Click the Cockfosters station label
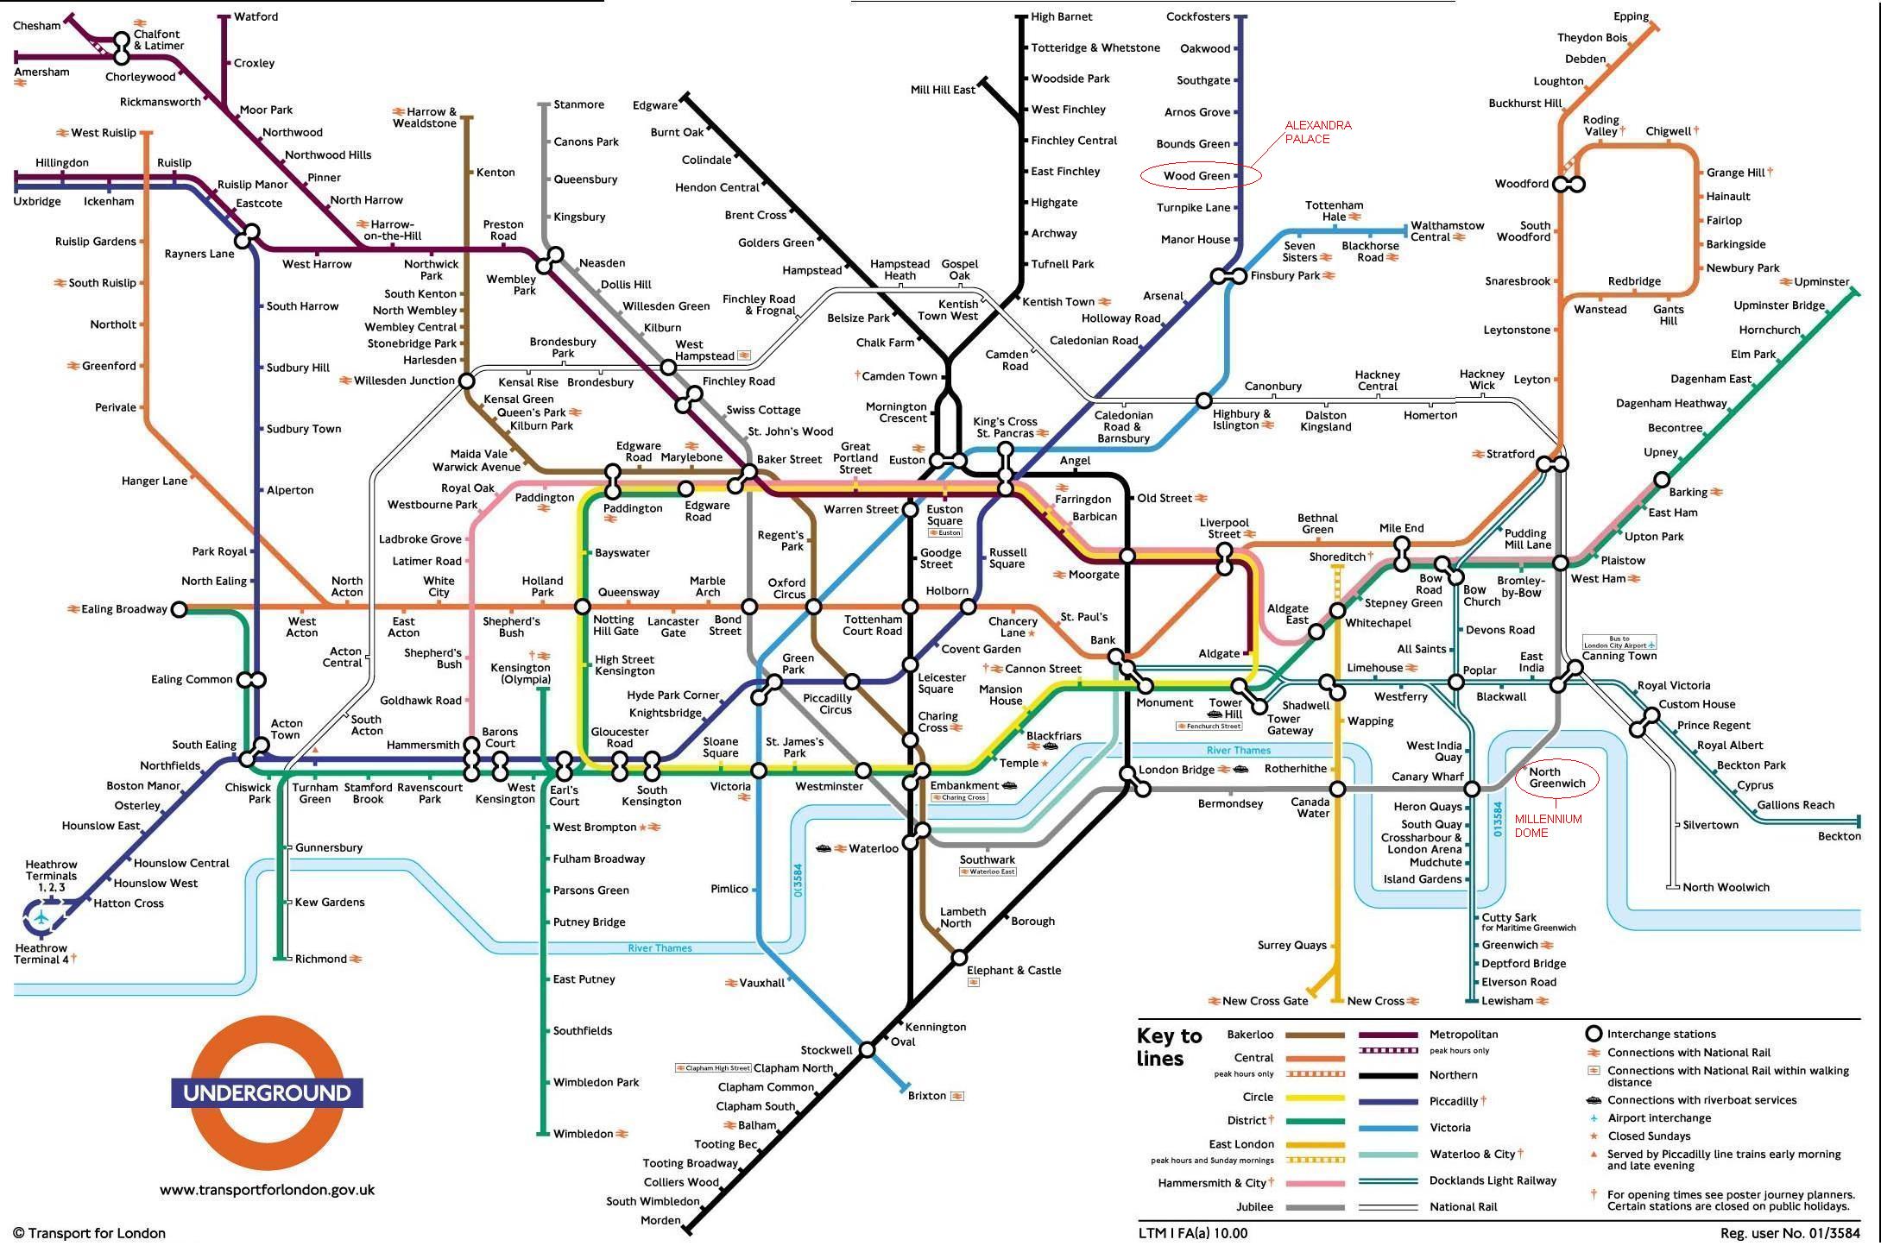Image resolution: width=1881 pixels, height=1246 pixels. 1197,16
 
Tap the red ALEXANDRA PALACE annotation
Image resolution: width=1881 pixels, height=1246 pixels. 1317,132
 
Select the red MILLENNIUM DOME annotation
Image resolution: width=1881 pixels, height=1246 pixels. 1548,826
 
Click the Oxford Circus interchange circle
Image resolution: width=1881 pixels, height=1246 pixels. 813,607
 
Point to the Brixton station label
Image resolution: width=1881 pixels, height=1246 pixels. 926,1096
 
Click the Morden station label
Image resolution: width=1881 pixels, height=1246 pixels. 660,1220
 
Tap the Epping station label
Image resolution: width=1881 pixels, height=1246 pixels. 1631,16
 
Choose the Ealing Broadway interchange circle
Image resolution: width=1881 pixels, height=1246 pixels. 179,609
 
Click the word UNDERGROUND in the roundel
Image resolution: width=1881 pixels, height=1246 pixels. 267,1093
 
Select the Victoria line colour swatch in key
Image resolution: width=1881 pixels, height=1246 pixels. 1387,1128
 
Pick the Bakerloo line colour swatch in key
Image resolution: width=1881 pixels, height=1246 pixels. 1315,1035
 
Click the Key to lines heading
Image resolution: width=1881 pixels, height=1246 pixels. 1169,1047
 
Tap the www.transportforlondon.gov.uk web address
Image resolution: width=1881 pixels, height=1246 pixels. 267,1190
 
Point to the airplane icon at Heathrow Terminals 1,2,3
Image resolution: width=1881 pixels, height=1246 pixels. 41,917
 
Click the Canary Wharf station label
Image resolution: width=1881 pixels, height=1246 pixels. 1427,777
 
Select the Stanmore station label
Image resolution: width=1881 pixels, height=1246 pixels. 578,104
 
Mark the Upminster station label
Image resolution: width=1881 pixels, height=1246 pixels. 1821,282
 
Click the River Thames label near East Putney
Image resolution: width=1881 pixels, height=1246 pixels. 660,948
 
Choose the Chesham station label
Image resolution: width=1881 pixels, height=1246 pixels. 37,26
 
